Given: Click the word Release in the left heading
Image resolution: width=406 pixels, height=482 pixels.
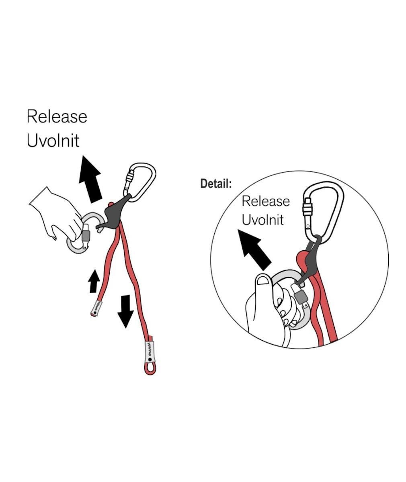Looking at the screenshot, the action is pos(57,116).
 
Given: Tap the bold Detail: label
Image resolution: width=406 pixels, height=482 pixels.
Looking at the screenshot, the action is pos(216,184).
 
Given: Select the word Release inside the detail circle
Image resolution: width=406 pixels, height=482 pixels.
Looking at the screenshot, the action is pos(266,201).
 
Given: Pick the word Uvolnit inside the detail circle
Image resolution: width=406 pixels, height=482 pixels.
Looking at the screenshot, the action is pos(263,220).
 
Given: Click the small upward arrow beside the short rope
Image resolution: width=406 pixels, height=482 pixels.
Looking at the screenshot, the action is pos(94,281).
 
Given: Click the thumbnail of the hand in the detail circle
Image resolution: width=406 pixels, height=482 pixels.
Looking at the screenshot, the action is pos(263,281).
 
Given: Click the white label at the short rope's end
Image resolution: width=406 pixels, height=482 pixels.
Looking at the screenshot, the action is pos(96,308).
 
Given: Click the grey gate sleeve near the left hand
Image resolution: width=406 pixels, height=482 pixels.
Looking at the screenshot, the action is pos(86,236).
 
